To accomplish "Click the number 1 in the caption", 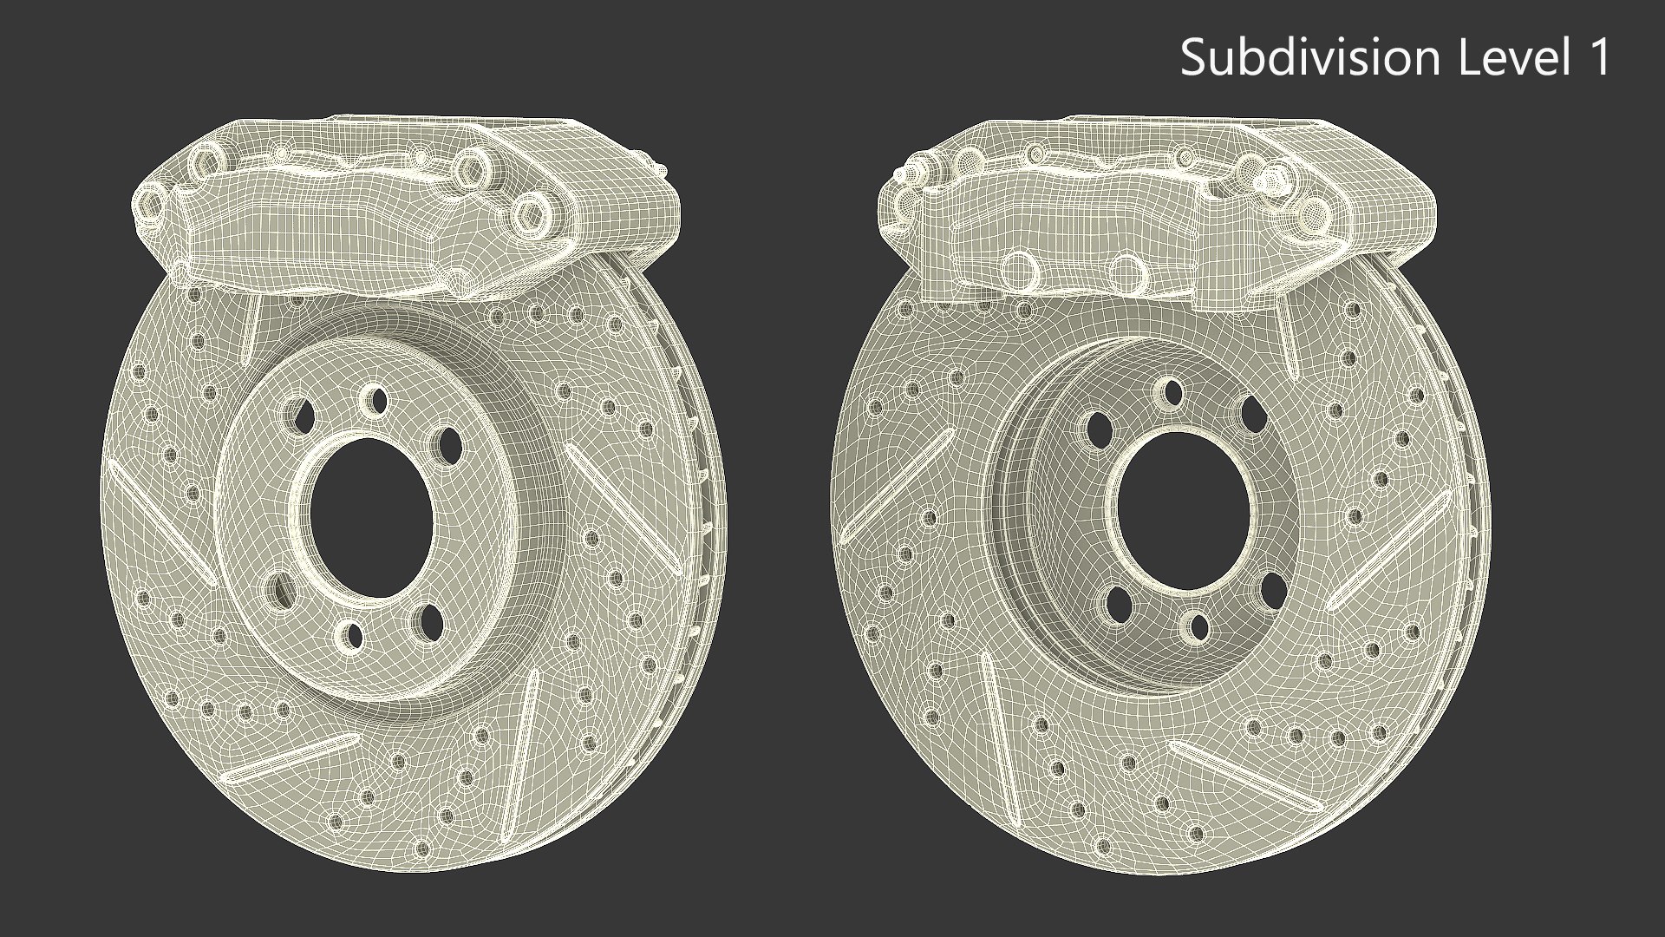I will [1598, 57].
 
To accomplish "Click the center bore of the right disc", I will [1183, 512].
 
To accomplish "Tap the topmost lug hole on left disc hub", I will [375, 400].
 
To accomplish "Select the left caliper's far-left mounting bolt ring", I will [149, 205].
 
